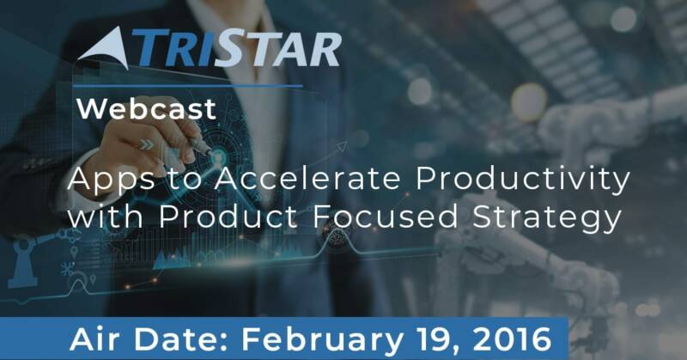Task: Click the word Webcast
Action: point(147,109)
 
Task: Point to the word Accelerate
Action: point(307,179)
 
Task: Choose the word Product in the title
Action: point(228,217)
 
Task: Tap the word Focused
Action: point(386,217)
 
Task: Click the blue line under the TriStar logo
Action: point(187,86)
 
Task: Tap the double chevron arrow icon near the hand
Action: point(148,144)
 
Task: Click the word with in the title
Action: point(106,217)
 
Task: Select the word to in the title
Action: point(185,180)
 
